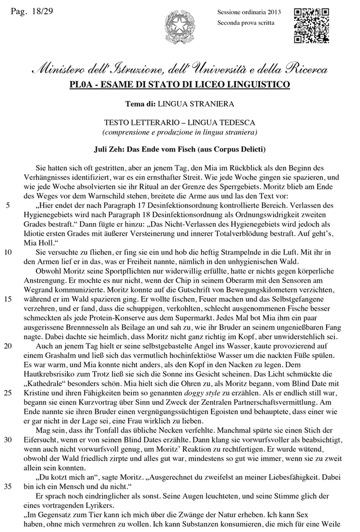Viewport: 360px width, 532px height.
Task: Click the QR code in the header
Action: pos(311,25)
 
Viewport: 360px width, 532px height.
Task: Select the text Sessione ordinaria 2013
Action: pos(249,12)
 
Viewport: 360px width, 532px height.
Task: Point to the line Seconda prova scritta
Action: pos(246,22)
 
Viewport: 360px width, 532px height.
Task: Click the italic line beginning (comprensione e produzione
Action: pos(179,132)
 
